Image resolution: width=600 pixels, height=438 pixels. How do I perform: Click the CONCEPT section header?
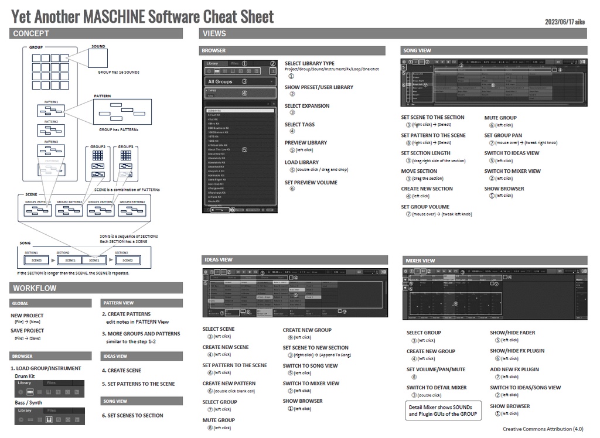pyautogui.click(x=31, y=33)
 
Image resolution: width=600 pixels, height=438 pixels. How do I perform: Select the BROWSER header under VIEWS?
pyautogui.click(x=214, y=50)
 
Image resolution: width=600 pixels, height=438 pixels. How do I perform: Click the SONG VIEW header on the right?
pyautogui.click(x=417, y=50)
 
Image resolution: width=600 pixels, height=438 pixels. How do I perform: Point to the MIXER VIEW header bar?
pyautogui.click(x=420, y=260)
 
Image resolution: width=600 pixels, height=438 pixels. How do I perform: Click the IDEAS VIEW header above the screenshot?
pyautogui.click(x=219, y=259)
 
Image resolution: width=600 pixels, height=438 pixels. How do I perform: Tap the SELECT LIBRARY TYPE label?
pyautogui.click(x=309, y=63)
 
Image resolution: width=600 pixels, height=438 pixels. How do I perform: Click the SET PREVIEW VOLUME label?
pyautogui.click(x=311, y=182)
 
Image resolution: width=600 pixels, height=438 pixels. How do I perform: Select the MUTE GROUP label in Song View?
pyautogui.click(x=500, y=117)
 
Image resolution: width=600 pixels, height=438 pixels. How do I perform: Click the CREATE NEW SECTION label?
pyautogui.click(x=427, y=189)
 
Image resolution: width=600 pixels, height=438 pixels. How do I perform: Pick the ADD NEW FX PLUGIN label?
pyautogui.click(x=514, y=369)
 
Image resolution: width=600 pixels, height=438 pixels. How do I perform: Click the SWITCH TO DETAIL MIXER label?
pyautogui.click(x=437, y=387)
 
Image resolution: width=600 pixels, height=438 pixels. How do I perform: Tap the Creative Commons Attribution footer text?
pyautogui.click(x=543, y=429)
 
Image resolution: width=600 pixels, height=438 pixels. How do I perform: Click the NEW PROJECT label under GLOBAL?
pyautogui.click(x=27, y=315)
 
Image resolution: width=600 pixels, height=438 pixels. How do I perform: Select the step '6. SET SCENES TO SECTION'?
pyautogui.click(x=132, y=415)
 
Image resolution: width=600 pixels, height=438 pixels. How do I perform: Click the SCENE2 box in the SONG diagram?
pyautogui.click(x=127, y=260)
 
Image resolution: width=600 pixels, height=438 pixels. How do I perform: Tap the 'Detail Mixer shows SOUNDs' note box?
pyautogui.click(x=444, y=410)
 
